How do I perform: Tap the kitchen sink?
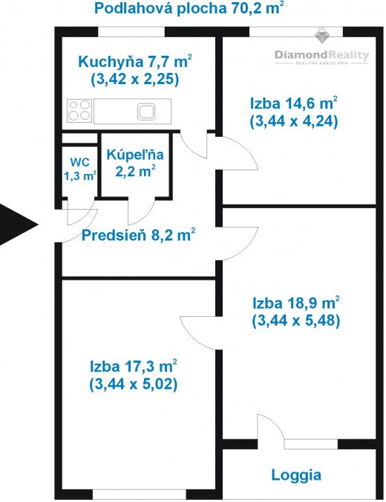pos(146,112)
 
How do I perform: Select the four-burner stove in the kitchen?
pos(79,111)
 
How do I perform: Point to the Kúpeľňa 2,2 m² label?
pos(135,164)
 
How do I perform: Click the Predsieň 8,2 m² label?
pos(138,235)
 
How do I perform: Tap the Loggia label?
pos(296,475)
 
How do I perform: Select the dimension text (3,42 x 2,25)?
pos(135,79)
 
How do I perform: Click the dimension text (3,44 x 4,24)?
pos(294,121)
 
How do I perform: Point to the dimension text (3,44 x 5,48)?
pos(296,321)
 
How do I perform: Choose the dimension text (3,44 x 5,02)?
pos(134,384)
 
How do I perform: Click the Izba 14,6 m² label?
pos(294,103)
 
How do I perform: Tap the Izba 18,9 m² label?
pos(296,303)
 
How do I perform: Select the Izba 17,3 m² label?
pos(134,366)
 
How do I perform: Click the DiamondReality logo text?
pos(321,55)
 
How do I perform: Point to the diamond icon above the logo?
pos(322,35)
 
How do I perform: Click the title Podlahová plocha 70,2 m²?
pos(189,8)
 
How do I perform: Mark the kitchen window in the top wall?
pos(131,32)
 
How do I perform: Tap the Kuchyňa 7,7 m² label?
pos(135,61)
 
